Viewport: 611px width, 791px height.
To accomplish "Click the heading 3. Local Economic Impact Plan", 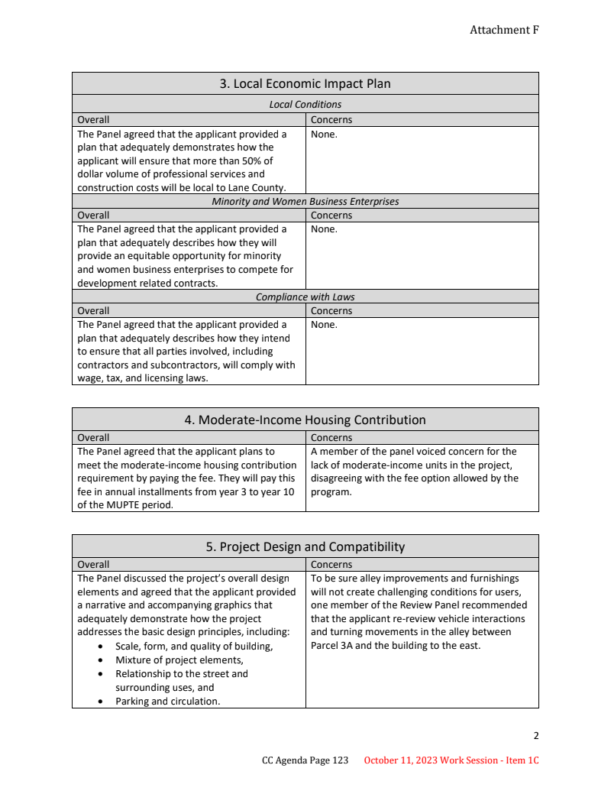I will click(x=305, y=83).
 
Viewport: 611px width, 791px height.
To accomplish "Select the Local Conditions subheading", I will click(x=305, y=104).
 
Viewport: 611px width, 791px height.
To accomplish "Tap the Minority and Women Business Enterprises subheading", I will click(x=305, y=202).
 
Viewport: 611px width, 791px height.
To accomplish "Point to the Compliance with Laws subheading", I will click(x=305, y=297).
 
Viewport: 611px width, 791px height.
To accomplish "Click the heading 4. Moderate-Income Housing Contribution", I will click(x=305, y=420).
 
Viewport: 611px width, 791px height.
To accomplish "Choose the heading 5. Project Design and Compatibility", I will click(x=305, y=546).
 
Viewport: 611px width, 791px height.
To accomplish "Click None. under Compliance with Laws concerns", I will click(x=324, y=325).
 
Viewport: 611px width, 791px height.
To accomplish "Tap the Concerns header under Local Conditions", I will click(x=331, y=120).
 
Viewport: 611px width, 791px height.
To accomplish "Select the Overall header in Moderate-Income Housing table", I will click(x=93, y=438).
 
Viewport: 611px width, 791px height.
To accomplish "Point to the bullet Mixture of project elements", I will click(x=179, y=660).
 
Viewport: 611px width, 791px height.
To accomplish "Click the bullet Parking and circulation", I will click(x=167, y=702).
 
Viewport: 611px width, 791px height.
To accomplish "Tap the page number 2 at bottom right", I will click(x=535, y=736).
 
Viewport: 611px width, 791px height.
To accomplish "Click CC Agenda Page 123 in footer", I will click(x=305, y=760).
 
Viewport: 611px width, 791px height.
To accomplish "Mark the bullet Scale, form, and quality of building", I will click(x=194, y=647).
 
